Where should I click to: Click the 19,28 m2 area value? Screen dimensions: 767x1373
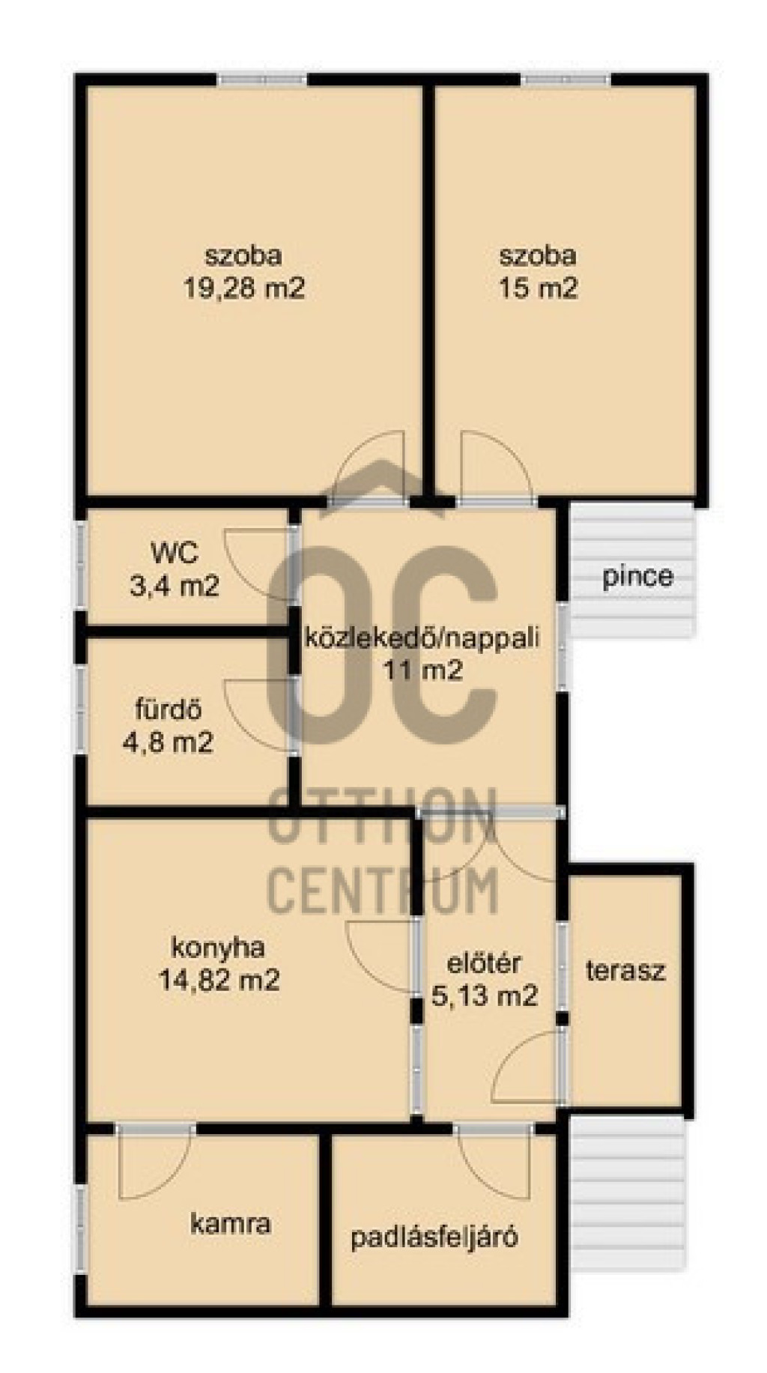point(244,288)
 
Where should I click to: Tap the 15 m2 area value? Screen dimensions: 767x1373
point(538,288)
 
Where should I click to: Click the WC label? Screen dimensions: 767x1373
point(175,554)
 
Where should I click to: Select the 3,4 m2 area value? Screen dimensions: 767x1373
point(175,585)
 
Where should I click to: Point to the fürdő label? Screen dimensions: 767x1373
point(168,709)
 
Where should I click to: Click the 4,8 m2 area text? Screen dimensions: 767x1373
point(168,742)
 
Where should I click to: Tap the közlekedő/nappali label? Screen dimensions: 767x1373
point(422,638)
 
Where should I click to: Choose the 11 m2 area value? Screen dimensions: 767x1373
point(423,670)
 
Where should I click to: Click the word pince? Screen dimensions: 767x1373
point(637,578)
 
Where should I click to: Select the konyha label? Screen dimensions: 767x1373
point(218,948)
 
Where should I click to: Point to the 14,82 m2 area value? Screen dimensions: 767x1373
point(219,980)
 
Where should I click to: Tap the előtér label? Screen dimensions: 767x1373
point(484,963)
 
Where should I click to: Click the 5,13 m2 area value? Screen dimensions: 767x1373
point(485,995)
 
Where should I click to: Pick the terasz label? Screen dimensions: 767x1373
point(625,972)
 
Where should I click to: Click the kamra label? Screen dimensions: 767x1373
point(231,1225)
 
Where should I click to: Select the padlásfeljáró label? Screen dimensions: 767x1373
point(434,1237)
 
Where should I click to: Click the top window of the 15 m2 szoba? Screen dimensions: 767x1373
point(566,79)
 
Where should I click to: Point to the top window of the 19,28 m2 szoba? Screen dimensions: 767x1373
point(262,79)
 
